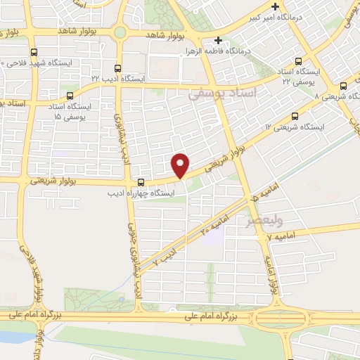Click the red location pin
click(x=181, y=165)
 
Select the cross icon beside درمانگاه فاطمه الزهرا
click(x=219, y=40)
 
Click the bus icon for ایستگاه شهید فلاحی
click(x=34, y=52)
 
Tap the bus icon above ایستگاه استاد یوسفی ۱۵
click(x=69, y=96)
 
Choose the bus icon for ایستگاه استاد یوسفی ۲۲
click(x=300, y=61)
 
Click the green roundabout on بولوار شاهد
click(x=120, y=32)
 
